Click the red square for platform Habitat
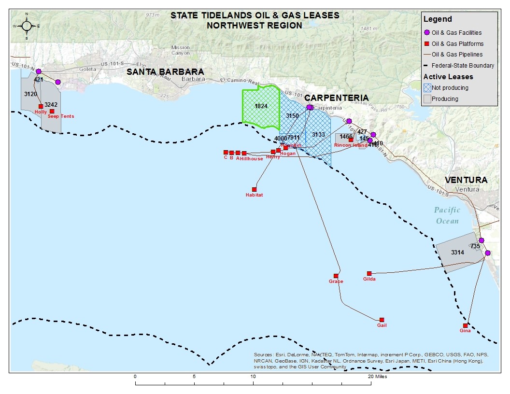[x=255, y=189]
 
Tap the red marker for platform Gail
[x=382, y=320]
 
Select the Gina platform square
[x=466, y=325]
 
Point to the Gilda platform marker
[x=369, y=273]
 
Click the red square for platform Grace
[x=336, y=276]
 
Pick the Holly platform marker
[x=41, y=106]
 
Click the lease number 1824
[x=261, y=106]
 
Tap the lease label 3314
[x=457, y=253]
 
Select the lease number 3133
[x=318, y=134]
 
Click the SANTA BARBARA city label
[x=165, y=72]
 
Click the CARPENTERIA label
[x=337, y=98]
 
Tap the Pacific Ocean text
[x=447, y=215]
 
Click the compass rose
[x=27, y=26]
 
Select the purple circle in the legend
[x=426, y=33]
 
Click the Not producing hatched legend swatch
[x=427, y=88]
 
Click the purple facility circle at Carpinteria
[x=310, y=107]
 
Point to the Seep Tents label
[x=61, y=116]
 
